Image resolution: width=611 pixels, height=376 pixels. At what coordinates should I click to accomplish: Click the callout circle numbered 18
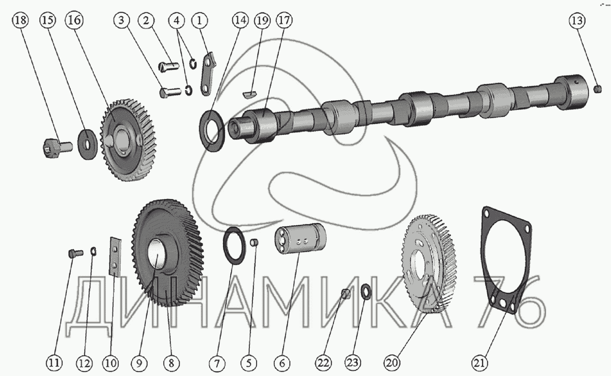(x=21, y=20)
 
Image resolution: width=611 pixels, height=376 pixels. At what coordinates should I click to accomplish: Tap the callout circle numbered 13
(x=577, y=21)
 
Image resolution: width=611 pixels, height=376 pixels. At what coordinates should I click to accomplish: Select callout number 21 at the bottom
(x=480, y=363)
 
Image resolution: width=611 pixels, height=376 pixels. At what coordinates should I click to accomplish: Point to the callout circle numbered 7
(x=217, y=363)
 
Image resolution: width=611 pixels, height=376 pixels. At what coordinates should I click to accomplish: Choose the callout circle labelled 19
(x=262, y=20)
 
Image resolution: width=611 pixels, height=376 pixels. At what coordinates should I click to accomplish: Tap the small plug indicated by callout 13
(x=597, y=89)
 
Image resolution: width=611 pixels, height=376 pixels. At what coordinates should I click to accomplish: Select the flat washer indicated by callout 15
(x=87, y=144)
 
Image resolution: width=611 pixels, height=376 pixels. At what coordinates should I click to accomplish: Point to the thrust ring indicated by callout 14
(x=212, y=131)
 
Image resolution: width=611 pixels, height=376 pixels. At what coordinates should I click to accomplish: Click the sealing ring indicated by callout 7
(x=234, y=245)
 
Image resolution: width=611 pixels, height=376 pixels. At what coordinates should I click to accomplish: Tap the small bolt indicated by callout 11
(x=76, y=253)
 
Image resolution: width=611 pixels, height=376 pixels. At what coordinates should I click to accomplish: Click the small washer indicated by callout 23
(x=366, y=292)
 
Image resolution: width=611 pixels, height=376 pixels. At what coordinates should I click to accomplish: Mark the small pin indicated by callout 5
(x=254, y=242)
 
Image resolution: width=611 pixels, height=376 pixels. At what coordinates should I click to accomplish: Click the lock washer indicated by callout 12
(x=93, y=251)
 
